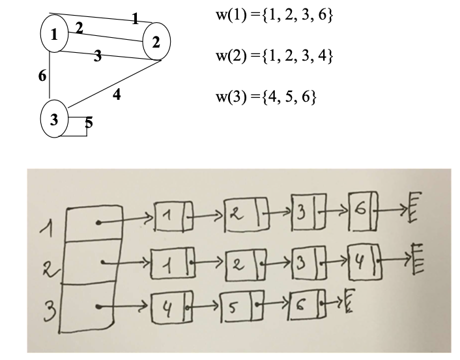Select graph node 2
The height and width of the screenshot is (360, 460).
pyautogui.click(x=156, y=42)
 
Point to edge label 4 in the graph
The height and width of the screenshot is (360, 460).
pyautogui.click(x=117, y=95)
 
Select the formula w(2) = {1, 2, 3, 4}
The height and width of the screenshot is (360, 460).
pyautogui.click(x=274, y=57)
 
